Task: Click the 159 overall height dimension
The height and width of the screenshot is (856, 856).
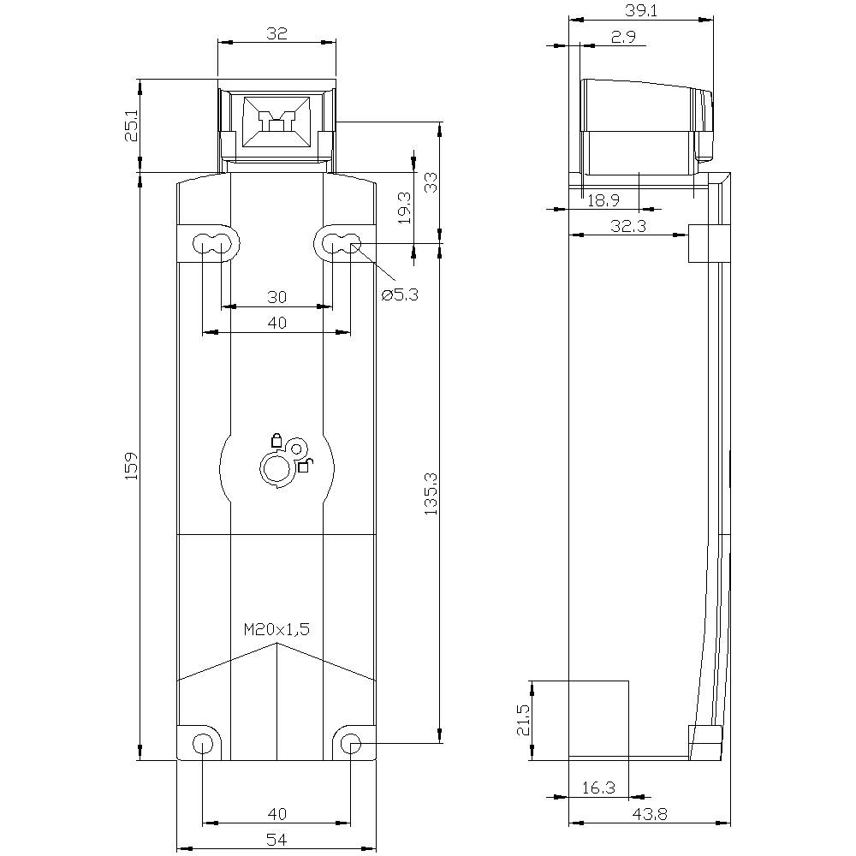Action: click(x=131, y=467)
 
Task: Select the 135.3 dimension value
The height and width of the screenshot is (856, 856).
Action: click(x=431, y=495)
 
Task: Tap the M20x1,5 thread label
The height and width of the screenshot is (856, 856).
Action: click(x=276, y=629)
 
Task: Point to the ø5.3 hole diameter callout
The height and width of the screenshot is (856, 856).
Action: click(x=401, y=294)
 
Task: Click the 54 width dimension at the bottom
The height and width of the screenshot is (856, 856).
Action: click(x=276, y=841)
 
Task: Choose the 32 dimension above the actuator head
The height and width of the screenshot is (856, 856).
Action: click(x=276, y=33)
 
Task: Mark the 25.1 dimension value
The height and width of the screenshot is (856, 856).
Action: click(x=131, y=126)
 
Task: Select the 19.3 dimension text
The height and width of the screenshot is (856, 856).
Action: click(x=405, y=207)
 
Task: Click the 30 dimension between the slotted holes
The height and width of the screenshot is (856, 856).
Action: click(x=276, y=297)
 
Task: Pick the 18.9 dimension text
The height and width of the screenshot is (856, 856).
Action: click(x=604, y=200)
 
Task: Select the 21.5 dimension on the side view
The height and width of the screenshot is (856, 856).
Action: click(x=523, y=720)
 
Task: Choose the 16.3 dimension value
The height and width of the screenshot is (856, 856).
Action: click(x=598, y=788)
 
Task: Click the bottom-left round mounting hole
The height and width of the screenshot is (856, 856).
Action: click(x=202, y=743)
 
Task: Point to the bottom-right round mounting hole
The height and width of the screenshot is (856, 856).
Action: click(x=351, y=743)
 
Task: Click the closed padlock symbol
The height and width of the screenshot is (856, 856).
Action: click(x=276, y=441)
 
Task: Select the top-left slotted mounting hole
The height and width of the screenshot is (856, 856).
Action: click(x=211, y=243)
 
